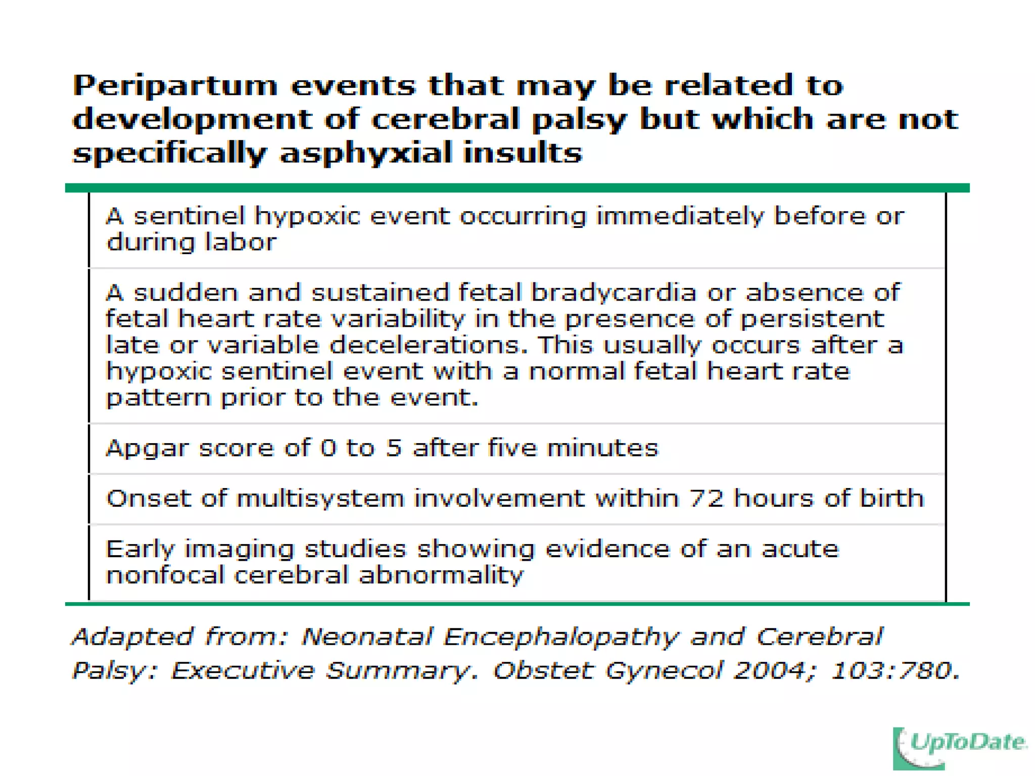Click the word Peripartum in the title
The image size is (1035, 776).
pyautogui.click(x=175, y=86)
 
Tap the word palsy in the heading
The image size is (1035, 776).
pyautogui.click(x=579, y=120)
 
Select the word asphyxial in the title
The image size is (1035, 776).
pyautogui.click(x=366, y=154)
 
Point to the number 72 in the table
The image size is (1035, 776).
pyautogui.click(x=705, y=498)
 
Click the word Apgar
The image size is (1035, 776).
pyautogui.click(x=147, y=449)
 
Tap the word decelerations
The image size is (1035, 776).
pyautogui.click(x=425, y=346)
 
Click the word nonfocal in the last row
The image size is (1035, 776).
pyautogui.click(x=164, y=575)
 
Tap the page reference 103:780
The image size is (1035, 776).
pyautogui.click(x=894, y=671)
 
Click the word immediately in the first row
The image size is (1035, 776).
pyautogui.click(x=680, y=217)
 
